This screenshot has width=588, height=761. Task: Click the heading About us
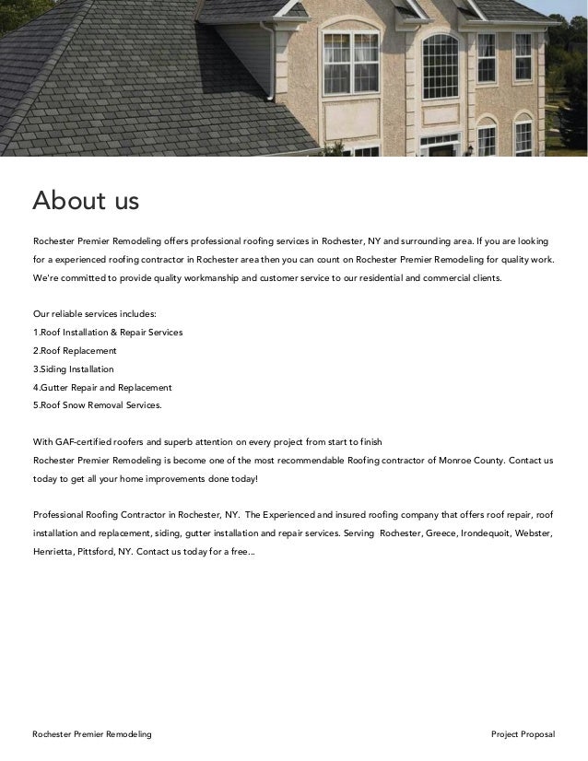click(x=86, y=199)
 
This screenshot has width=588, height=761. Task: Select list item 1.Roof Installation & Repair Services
click(x=108, y=332)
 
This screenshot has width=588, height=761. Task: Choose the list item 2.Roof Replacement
click(x=75, y=351)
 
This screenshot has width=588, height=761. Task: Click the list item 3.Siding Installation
click(x=74, y=369)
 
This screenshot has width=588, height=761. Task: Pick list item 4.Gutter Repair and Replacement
click(x=102, y=387)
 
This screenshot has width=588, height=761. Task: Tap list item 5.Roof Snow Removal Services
click(x=97, y=404)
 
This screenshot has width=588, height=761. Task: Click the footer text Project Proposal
click(x=523, y=733)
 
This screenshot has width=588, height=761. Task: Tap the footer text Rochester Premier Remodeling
click(x=92, y=733)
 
